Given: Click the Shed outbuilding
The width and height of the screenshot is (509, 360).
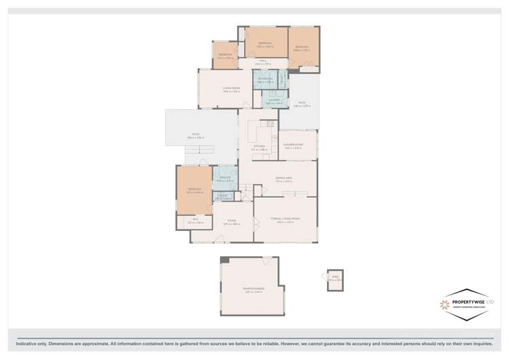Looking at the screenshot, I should [334, 280].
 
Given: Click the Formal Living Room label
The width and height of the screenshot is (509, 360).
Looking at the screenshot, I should [284, 219].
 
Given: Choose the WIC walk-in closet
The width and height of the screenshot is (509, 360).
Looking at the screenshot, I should [194, 221].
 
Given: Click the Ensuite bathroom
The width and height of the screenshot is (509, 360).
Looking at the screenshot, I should [224, 180].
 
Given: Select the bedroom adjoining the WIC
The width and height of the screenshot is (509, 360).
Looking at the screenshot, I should [194, 190].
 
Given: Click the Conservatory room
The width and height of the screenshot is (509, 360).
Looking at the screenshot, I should [298, 145].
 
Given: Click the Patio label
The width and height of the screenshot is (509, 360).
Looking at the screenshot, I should [302, 104].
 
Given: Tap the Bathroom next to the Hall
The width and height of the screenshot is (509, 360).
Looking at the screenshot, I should [265, 79].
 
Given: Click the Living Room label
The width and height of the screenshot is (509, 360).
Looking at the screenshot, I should [231, 89].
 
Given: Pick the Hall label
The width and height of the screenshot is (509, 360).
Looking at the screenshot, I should [262, 62].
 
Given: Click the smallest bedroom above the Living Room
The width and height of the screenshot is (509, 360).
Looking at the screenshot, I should [225, 56].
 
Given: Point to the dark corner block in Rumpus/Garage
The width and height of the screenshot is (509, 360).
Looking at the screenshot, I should [225, 260].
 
